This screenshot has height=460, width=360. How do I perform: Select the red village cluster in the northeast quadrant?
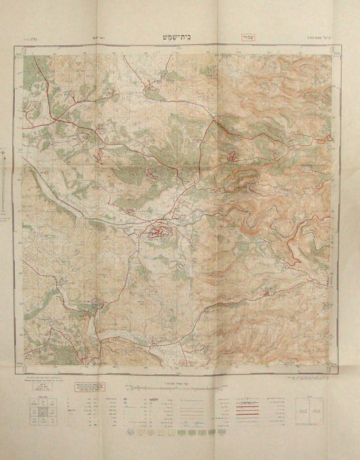(x=234, y=156)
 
